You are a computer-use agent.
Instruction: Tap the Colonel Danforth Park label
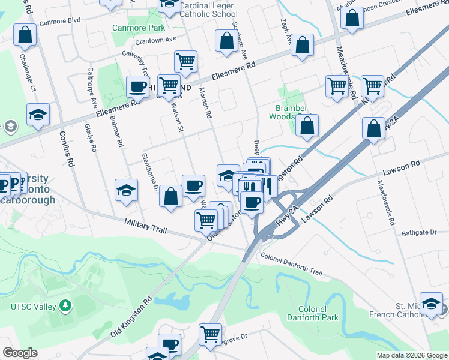pyautogui.click(x=312, y=313)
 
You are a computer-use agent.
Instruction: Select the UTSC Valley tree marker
pyautogui.click(x=65, y=306)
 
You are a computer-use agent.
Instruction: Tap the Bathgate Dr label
pyautogui.click(x=418, y=232)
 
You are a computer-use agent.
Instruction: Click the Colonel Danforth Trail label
pyautogui.click(x=291, y=264)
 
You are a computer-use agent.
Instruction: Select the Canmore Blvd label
pyautogui.click(x=59, y=20)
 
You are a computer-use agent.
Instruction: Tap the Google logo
pyautogui.click(x=20, y=353)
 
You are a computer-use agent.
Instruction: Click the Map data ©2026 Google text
pyautogui.click(x=412, y=355)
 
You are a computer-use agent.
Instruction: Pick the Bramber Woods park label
pyautogui.click(x=292, y=112)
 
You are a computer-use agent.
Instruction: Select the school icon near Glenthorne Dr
pyautogui.click(x=126, y=190)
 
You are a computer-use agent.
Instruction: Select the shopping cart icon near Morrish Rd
pyautogui.click(x=186, y=61)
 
